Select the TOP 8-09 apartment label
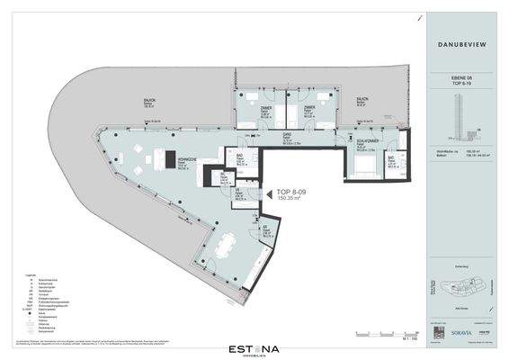pos(293,192)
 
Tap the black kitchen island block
pos(168,159)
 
